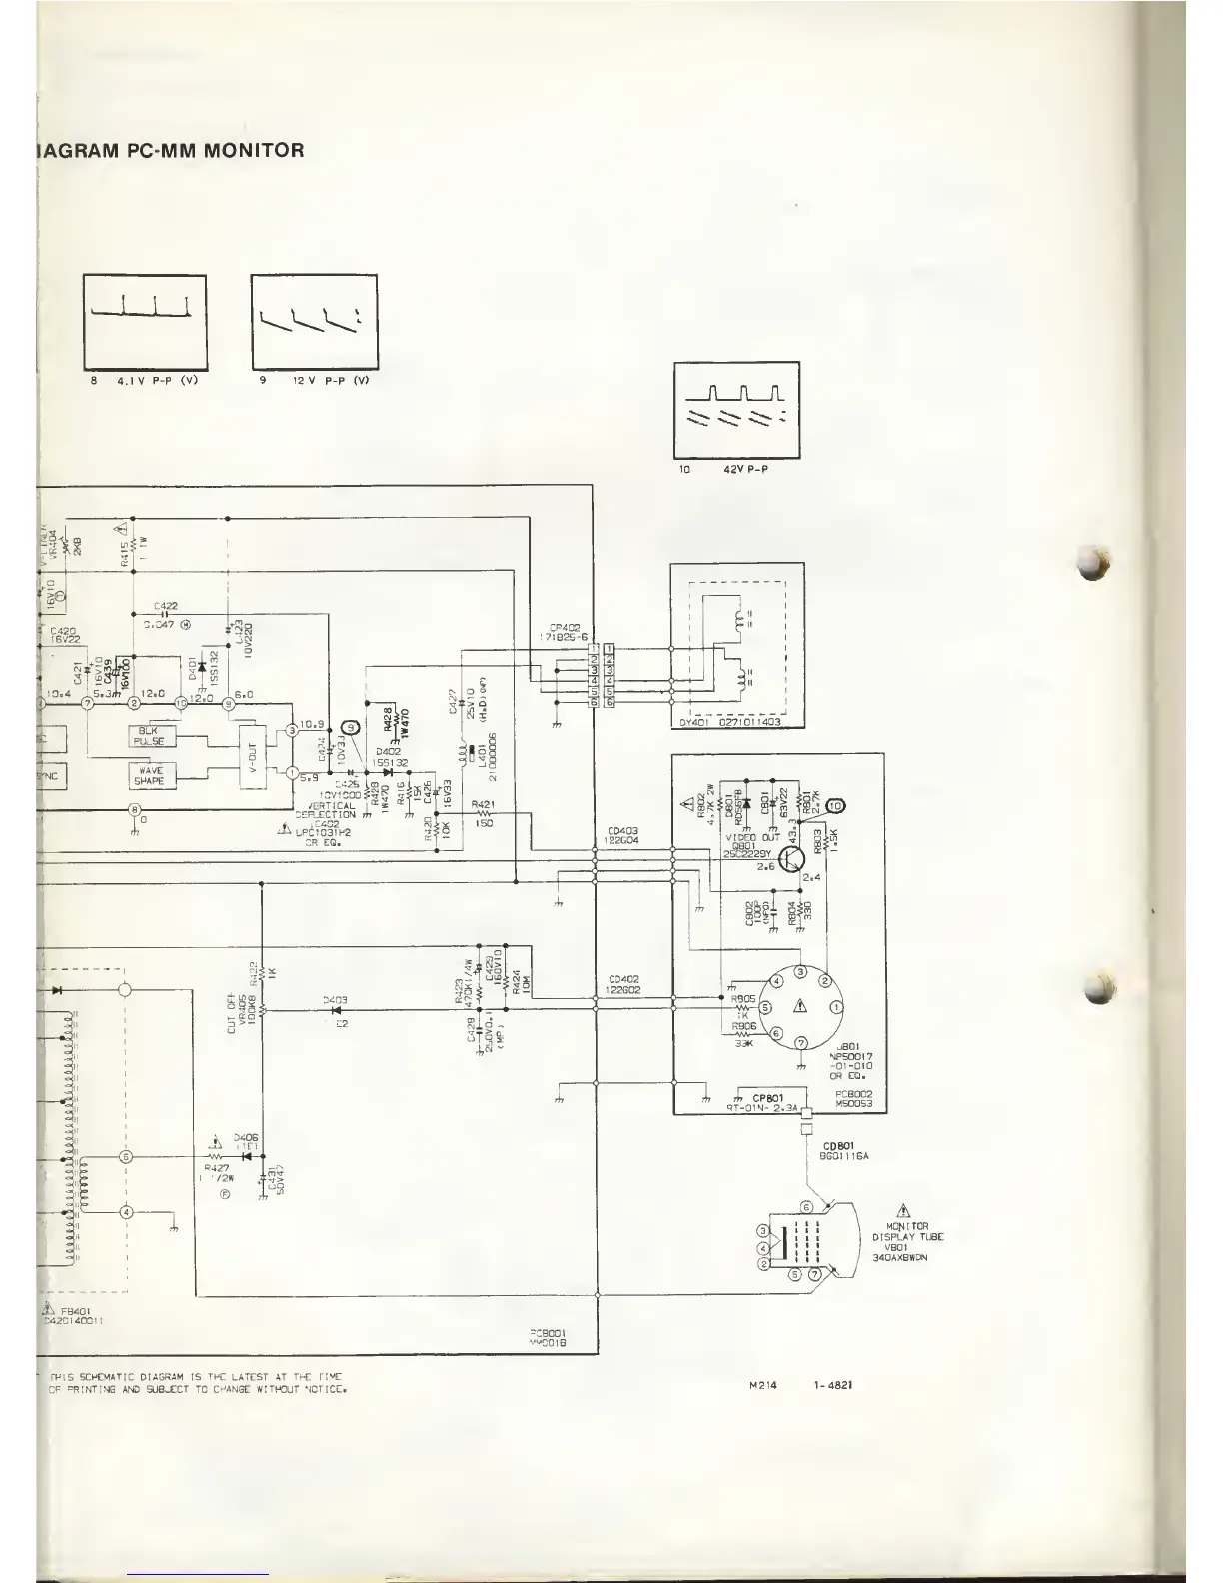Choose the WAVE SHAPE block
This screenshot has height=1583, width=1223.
pos(152,775)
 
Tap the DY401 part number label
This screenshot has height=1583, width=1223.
pos(737,723)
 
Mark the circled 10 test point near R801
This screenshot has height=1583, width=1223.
pos(836,806)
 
